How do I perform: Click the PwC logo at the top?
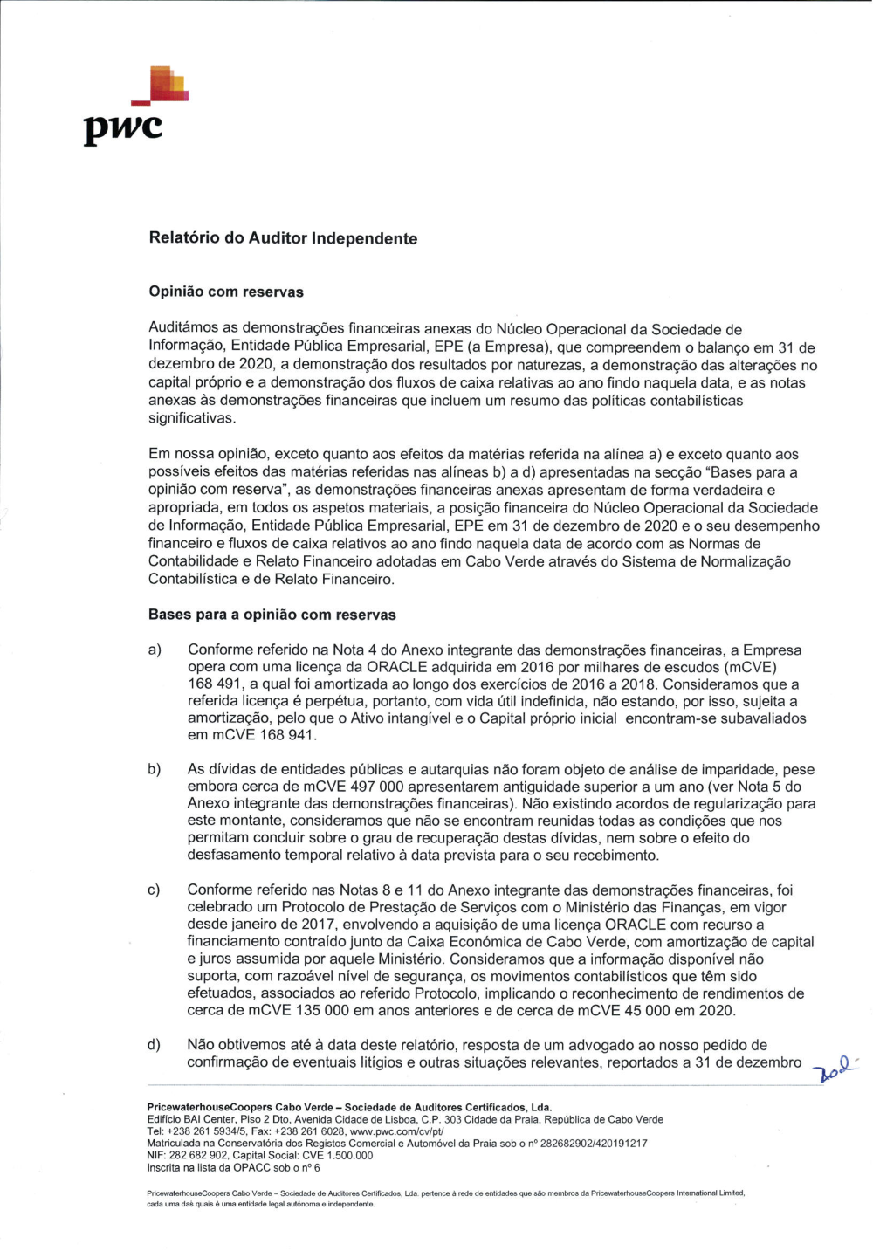(x=135, y=107)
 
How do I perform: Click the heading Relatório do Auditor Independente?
(x=283, y=238)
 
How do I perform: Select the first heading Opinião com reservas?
(x=226, y=292)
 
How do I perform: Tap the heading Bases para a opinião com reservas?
(x=272, y=615)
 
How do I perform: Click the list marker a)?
(x=155, y=650)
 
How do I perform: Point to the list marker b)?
(x=155, y=770)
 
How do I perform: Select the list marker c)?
(x=155, y=890)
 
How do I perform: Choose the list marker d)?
(x=155, y=1045)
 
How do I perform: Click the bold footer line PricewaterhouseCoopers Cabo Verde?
(x=349, y=1107)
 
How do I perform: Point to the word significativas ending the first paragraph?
(x=191, y=418)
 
